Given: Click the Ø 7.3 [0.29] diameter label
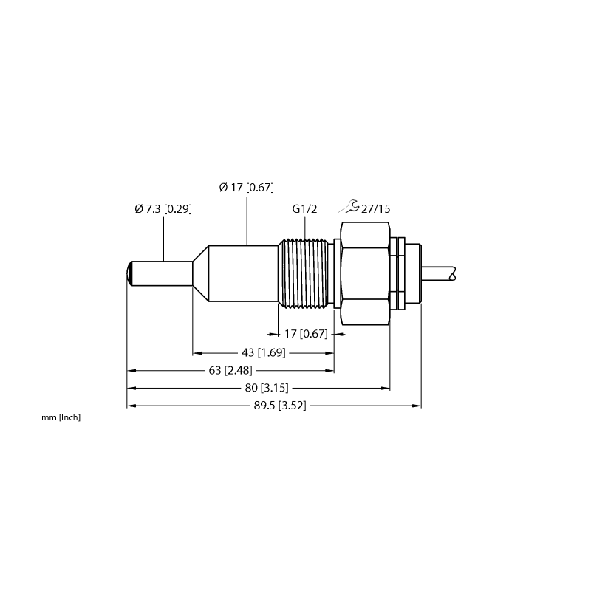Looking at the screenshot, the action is point(163,208).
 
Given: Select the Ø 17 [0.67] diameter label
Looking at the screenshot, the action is point(247,188).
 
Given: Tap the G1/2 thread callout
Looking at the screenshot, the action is point(304,208).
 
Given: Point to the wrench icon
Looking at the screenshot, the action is point(349,207).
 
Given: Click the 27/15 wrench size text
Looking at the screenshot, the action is point(376,209).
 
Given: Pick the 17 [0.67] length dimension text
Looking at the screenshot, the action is point(306,334).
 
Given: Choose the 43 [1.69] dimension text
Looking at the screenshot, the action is point(264,353).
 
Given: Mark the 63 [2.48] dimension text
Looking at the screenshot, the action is point(230,371).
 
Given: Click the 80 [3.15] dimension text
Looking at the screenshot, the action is point(267,388).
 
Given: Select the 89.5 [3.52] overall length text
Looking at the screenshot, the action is point(280,406).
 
